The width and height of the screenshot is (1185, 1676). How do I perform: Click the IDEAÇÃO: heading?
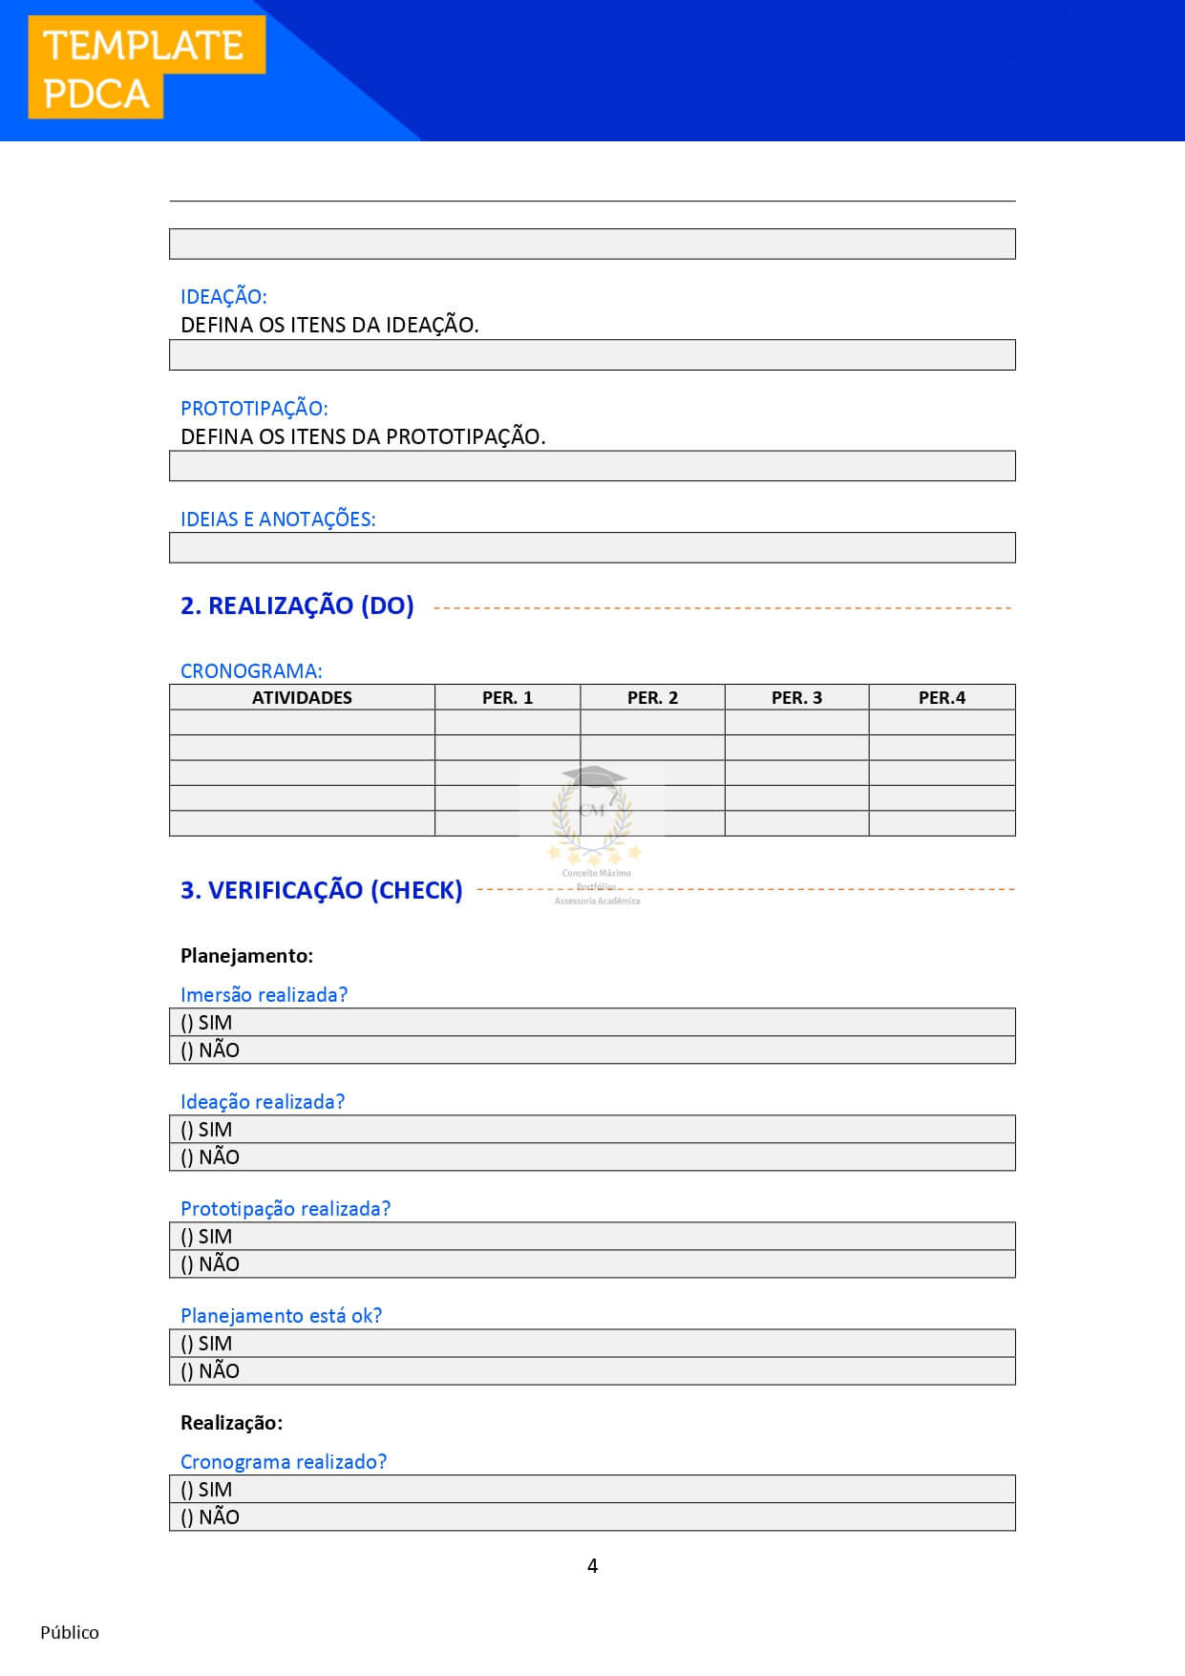click(x=223, y=297)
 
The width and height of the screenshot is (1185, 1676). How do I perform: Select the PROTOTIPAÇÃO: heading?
click(x=254, y=409)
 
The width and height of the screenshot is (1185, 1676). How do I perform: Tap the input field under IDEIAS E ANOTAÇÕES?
click(x=592, y=548)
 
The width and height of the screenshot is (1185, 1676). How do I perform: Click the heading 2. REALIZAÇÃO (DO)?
click(x=297, y=605)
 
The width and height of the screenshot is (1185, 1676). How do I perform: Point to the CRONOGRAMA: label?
click(x=251, y=671)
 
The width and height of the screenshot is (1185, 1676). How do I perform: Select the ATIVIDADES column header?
click(x=302, y=698)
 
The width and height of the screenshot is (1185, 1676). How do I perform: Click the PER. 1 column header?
click(x=507, y=698)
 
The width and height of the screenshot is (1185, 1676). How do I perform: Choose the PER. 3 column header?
click(x=796, y=698)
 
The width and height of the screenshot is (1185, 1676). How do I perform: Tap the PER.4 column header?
click(x=942, y=698)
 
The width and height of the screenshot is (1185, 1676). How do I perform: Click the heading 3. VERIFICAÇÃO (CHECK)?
click(x=321, y=890)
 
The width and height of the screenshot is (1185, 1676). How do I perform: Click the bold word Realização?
click(x=231, y=1423)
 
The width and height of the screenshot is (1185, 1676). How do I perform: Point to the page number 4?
click(x=592, y=1566)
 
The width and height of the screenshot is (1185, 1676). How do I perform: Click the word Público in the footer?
click(x=70, y=1632)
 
